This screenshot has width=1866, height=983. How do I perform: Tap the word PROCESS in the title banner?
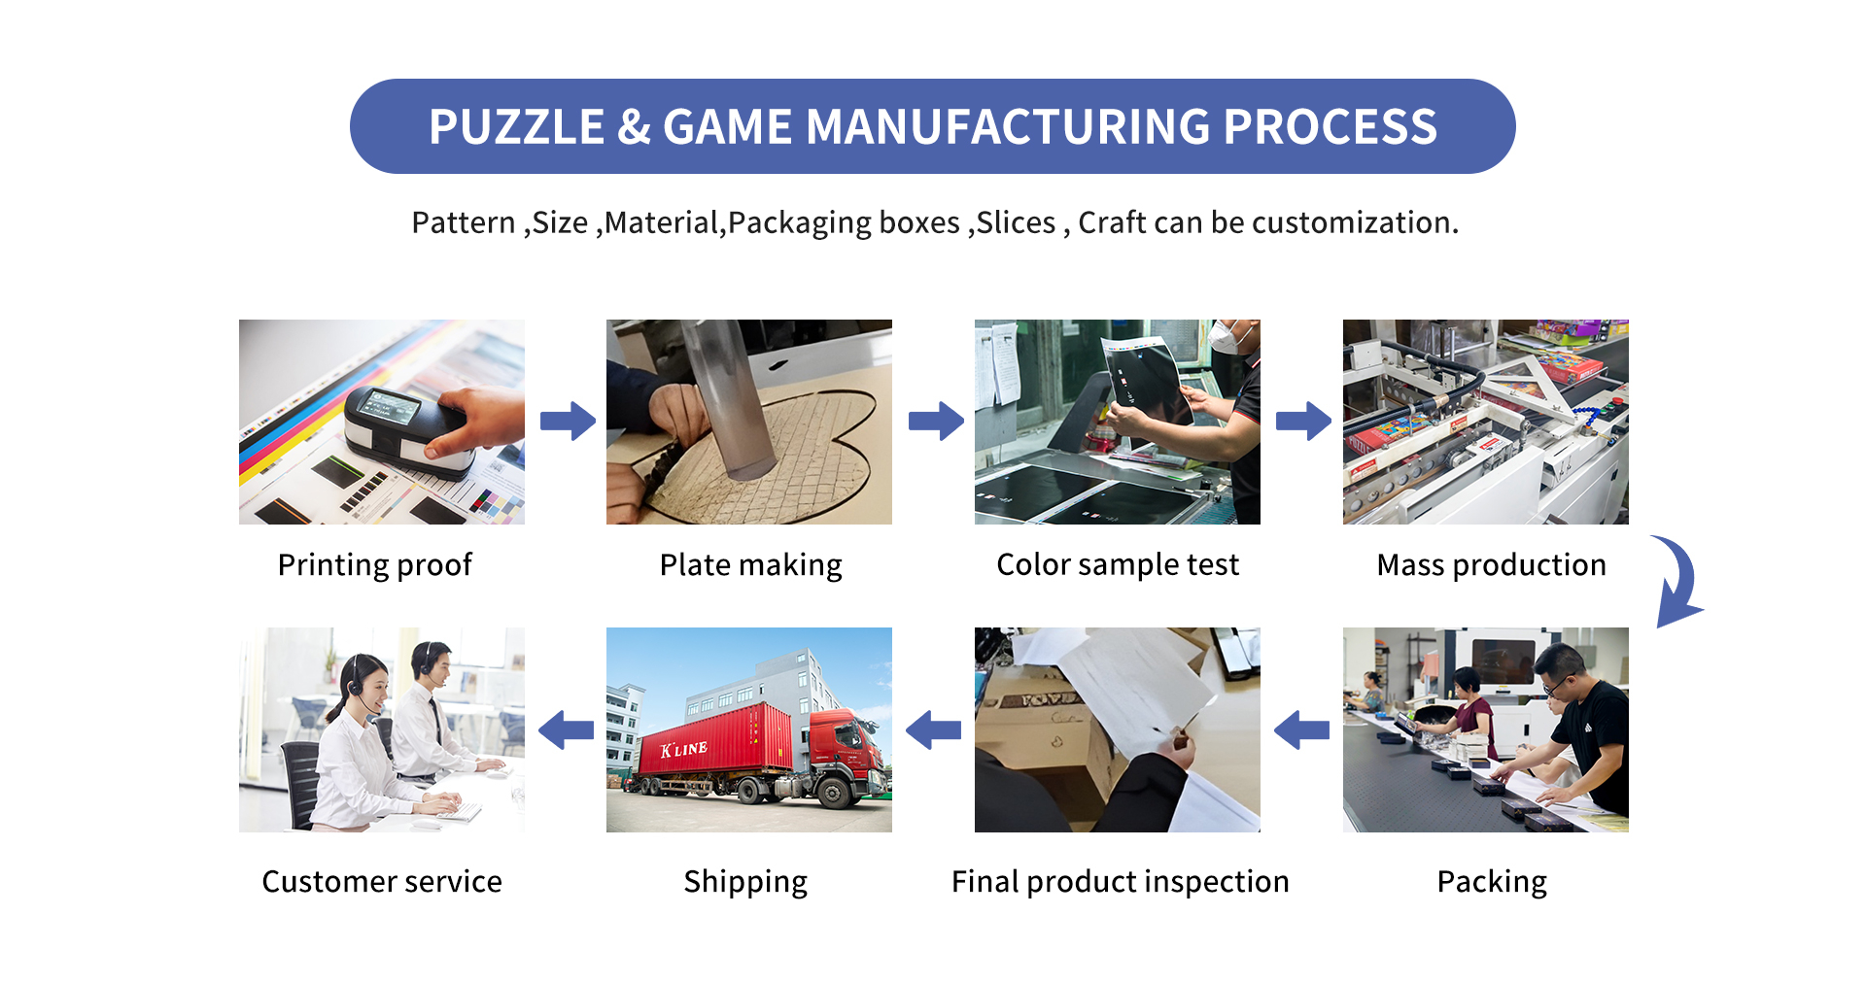[1330, 127]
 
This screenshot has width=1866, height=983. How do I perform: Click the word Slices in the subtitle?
[1016, 222]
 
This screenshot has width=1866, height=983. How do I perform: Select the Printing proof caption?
[375, 564]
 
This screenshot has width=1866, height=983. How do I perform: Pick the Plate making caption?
[750, 564]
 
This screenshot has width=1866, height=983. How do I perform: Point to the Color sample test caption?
[1118, 564]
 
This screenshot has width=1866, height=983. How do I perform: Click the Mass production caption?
[1491, 564]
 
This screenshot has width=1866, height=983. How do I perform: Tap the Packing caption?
[1492, 881]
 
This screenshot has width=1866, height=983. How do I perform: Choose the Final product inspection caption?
[1120, 881]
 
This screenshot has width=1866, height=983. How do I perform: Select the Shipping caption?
[745, 881]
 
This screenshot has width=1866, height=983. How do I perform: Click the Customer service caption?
[382, 881]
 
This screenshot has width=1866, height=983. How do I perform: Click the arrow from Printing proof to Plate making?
[568, 421]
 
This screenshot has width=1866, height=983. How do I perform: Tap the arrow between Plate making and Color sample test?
[935, 421]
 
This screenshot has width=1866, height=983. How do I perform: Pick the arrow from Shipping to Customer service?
[566, 729]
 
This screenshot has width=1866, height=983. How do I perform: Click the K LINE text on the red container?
[684, 749]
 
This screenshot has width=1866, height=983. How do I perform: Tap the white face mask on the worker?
[1227, 336]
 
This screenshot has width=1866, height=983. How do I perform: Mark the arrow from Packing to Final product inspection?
[1301, 729]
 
